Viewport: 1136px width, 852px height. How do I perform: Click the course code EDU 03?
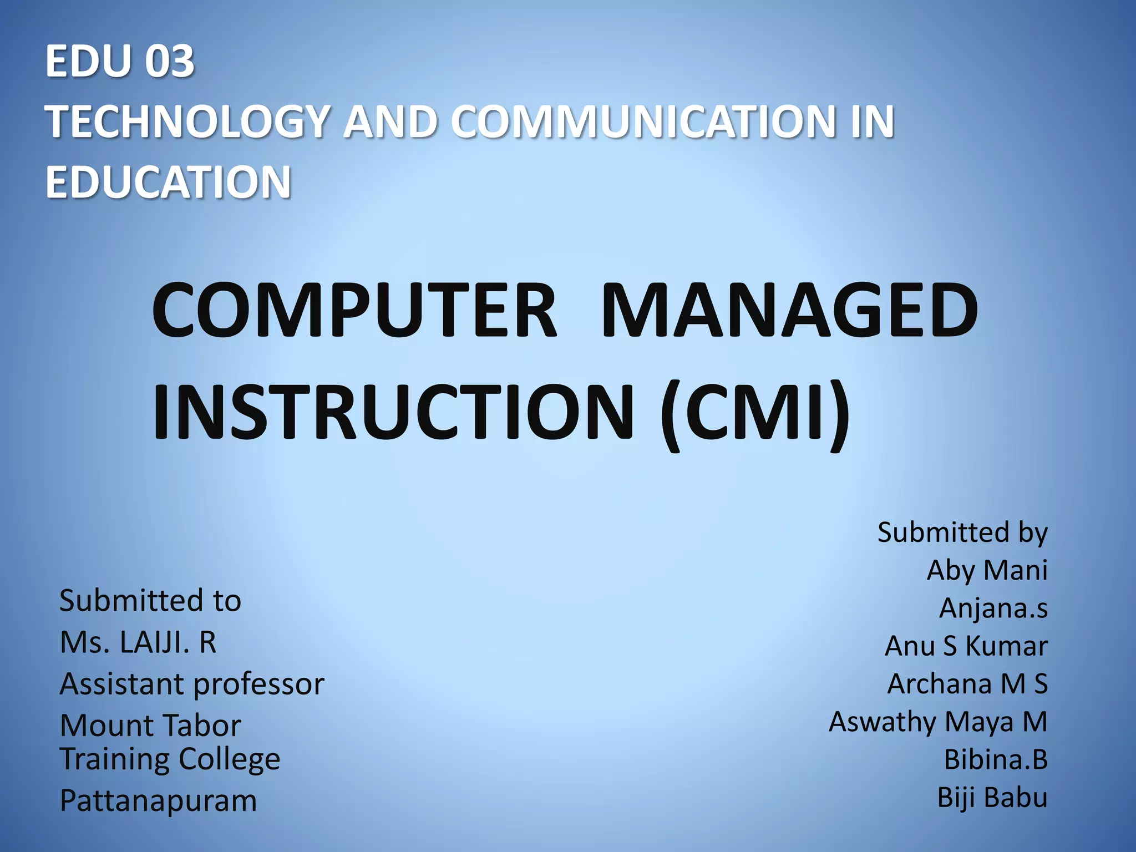[120, 61]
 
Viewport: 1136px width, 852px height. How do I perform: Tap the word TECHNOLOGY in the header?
[187, 121]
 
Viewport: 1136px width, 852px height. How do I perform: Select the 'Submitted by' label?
[962, 532]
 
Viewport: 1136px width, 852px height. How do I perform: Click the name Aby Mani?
[987, 570]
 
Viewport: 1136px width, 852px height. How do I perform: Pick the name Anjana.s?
[993, 608]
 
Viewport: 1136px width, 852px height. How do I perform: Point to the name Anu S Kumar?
[966, 646]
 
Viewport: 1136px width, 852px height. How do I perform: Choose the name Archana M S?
[967, 684]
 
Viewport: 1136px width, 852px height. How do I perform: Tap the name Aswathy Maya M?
[938, 722]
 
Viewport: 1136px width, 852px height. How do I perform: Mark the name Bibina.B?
[996, 760]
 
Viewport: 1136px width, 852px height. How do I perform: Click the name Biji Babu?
[992, 798]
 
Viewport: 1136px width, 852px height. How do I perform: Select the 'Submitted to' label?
[150, 601]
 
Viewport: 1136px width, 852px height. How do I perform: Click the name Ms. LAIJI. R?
[138, 643]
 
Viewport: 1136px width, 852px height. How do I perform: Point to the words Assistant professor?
[192, 684]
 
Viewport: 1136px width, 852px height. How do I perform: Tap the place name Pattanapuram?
[159, 801]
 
